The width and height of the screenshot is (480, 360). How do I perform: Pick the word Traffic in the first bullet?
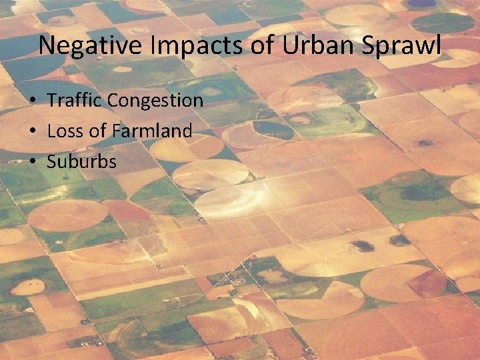(x=74, y=101)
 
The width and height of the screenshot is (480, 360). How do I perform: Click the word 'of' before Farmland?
(x=97, y=131)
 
